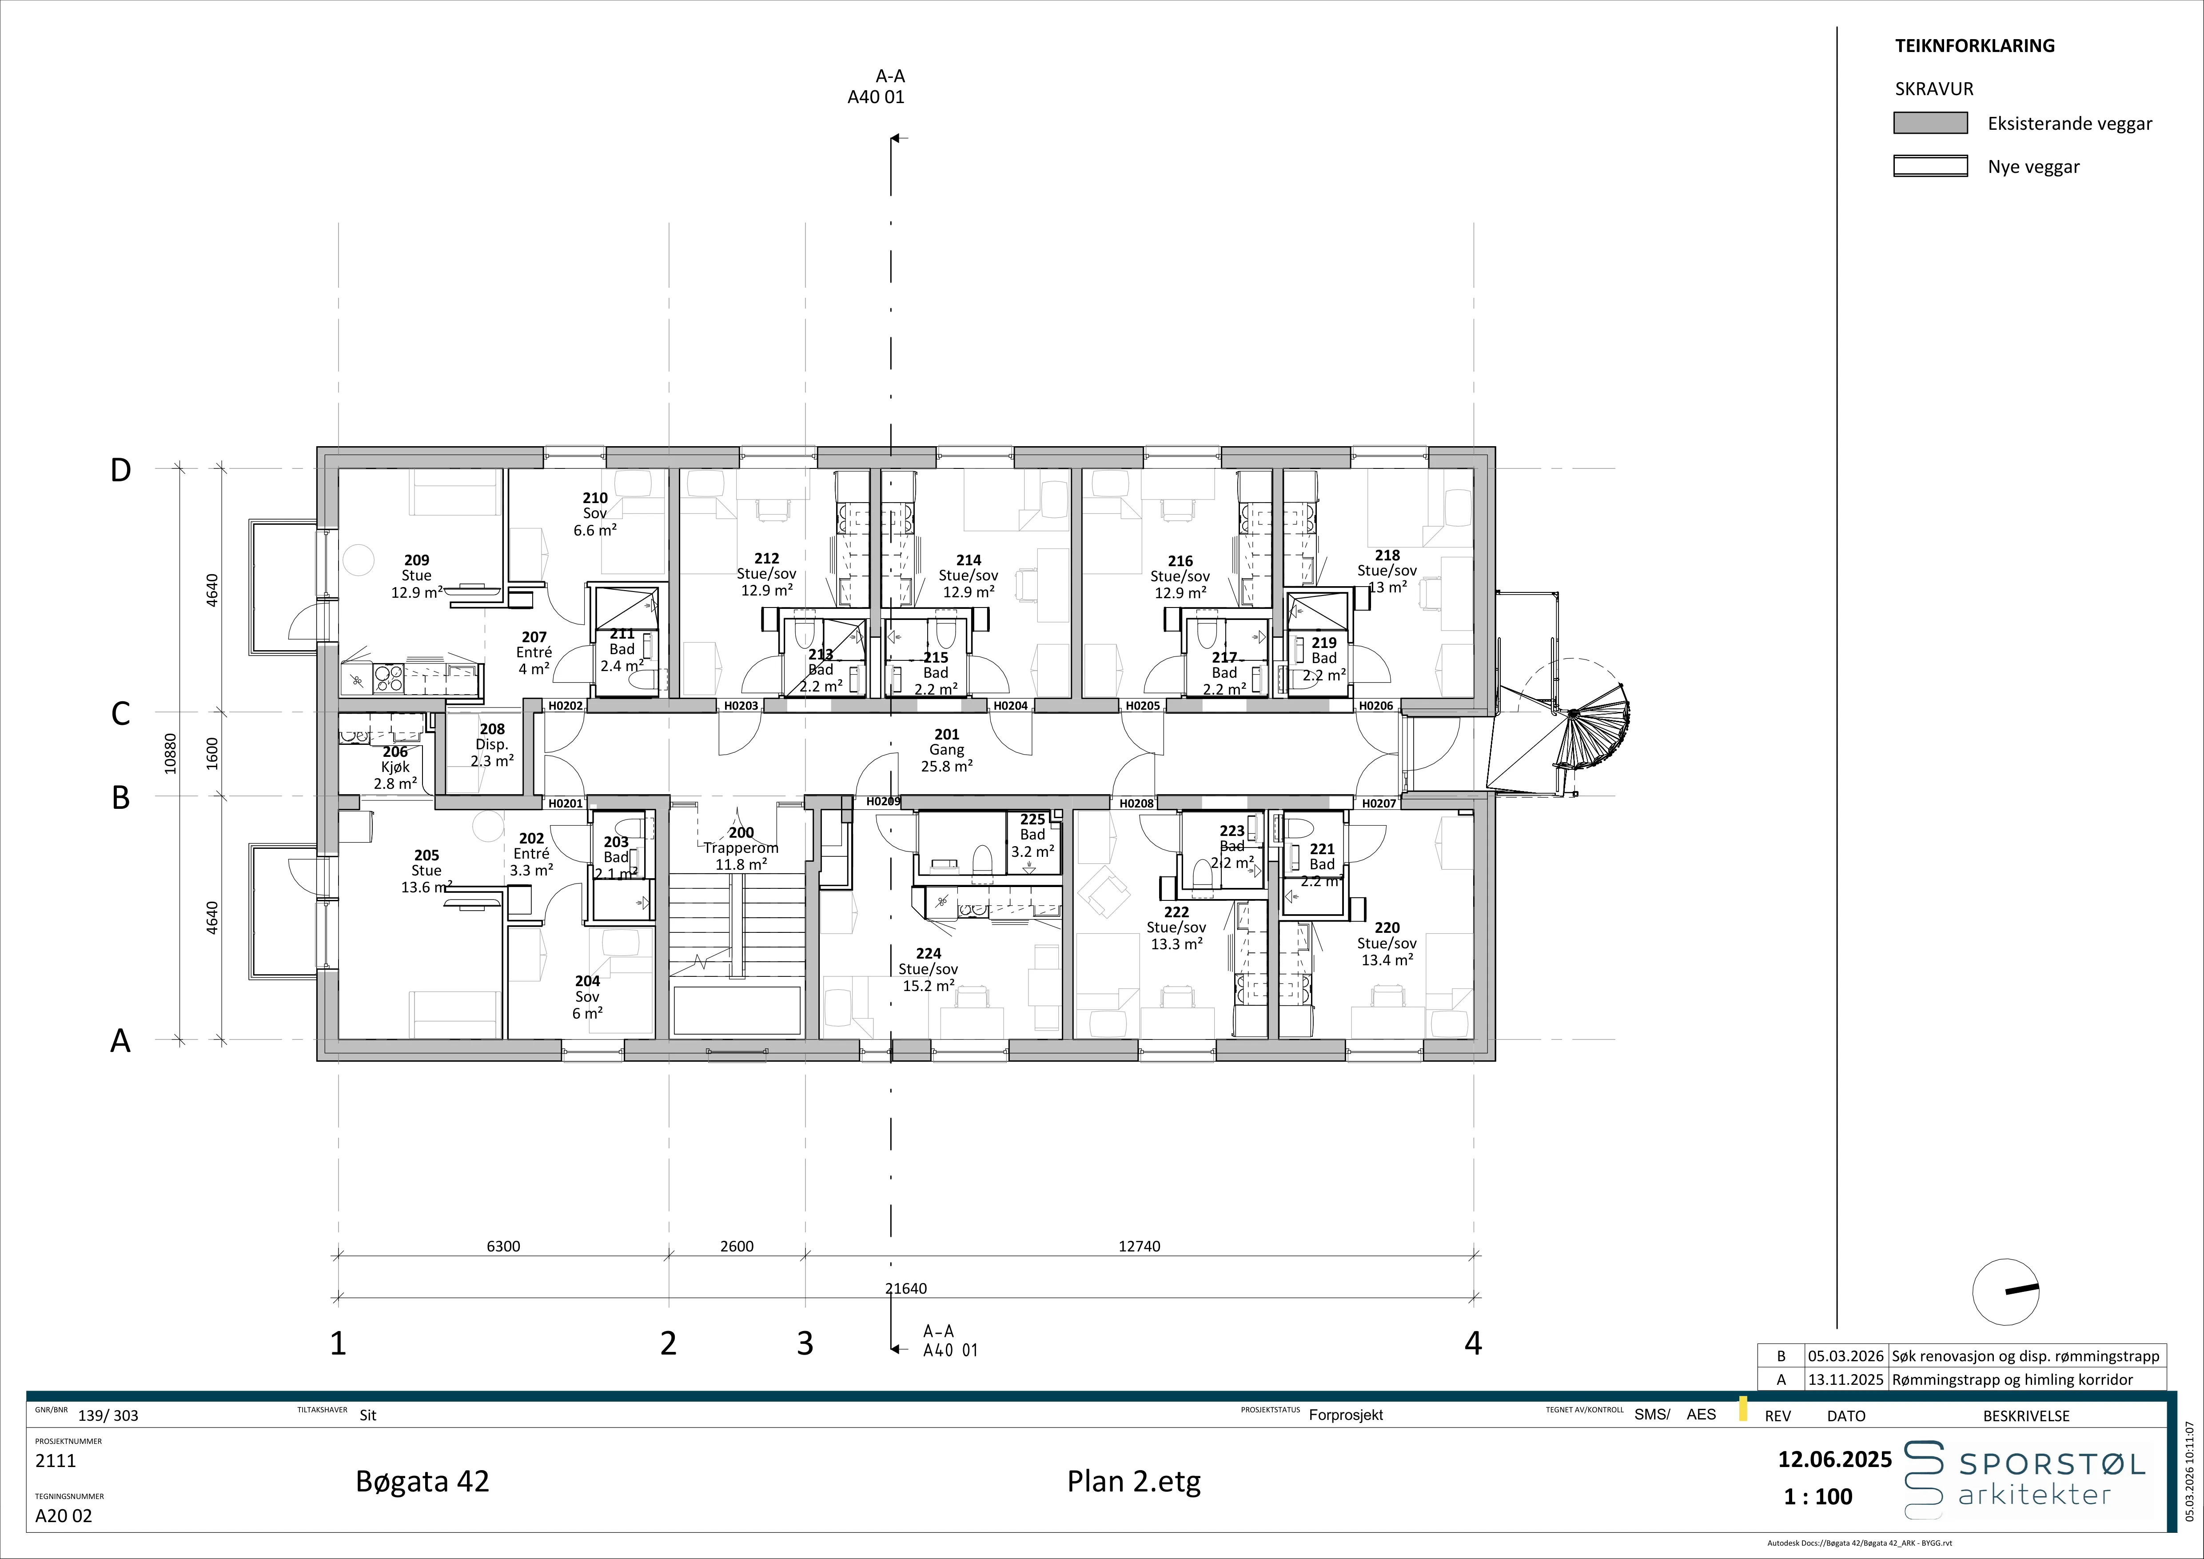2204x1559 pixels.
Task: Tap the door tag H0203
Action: (741, 706)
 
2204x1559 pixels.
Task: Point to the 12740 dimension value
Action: (1140, 1246)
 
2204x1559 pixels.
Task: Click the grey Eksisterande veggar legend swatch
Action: (1930, 123)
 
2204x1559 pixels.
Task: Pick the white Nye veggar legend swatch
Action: (1930, 166)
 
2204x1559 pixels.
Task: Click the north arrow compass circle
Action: (2005, 1292)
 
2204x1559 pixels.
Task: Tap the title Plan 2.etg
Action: (1134, 1481)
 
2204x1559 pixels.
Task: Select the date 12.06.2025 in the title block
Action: (1834, 1460)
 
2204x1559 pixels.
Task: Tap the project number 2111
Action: (56, 1461)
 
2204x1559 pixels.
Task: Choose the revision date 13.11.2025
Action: (1845, 1379)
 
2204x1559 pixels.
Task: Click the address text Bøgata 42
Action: (422, 1481)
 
